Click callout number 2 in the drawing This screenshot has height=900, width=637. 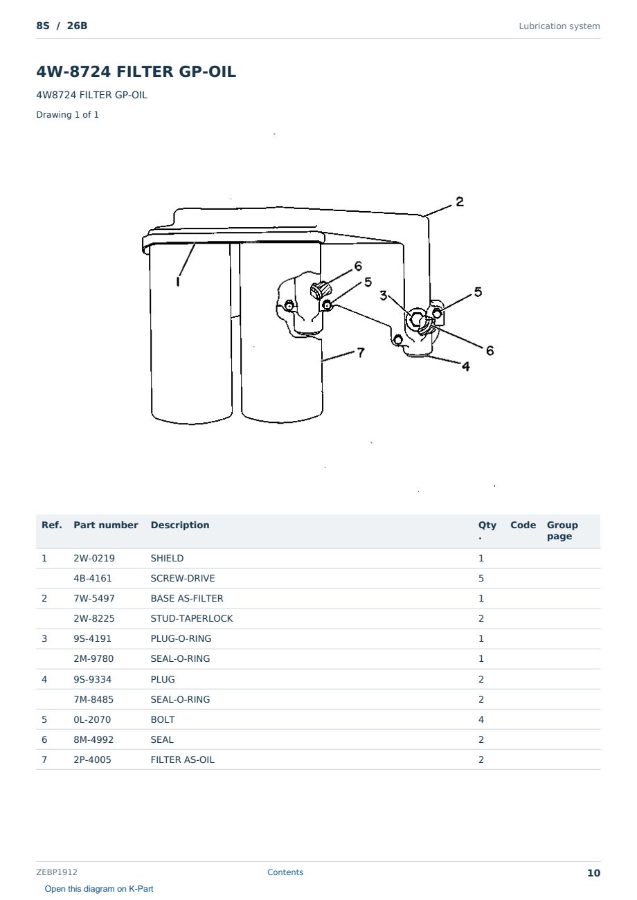460,201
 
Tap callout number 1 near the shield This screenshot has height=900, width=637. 178,281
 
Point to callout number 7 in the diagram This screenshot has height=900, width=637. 361,352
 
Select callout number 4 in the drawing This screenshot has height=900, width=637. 466,366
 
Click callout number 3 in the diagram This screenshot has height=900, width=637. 384,296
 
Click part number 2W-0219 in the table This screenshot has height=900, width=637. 94,558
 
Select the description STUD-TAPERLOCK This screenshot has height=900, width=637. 192,618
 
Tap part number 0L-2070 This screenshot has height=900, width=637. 92,719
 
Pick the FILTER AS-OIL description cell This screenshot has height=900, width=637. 183,759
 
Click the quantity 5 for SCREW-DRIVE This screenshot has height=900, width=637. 481,578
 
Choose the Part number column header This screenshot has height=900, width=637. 106,525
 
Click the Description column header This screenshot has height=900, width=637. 180,525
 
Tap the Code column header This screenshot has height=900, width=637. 523,525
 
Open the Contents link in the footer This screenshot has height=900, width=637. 285,872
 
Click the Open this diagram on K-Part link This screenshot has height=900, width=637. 99,888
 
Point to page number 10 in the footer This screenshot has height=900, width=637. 593,873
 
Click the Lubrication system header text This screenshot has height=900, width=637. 559,26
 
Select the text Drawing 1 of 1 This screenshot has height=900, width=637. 68,114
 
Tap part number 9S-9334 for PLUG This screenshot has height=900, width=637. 93,679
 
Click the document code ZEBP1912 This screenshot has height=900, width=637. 57,872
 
